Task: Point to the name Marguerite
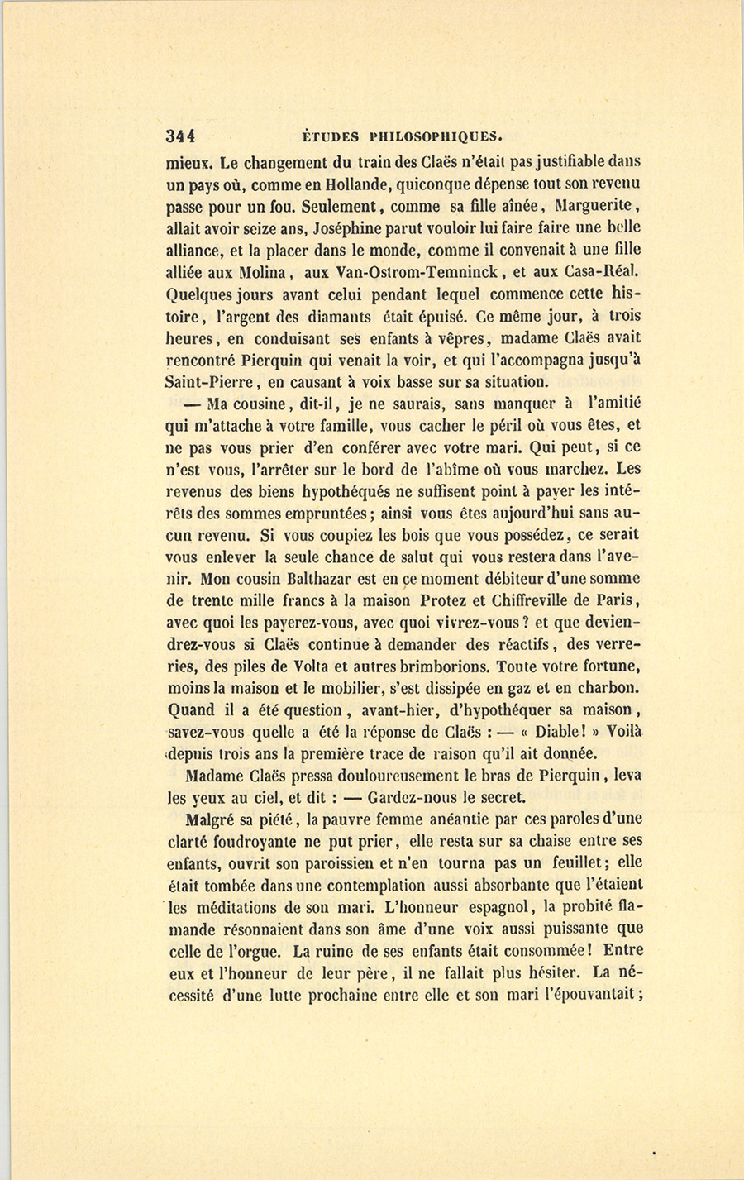594,205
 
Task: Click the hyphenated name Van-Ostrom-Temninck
422,271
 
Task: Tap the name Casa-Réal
603,271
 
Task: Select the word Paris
620,600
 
